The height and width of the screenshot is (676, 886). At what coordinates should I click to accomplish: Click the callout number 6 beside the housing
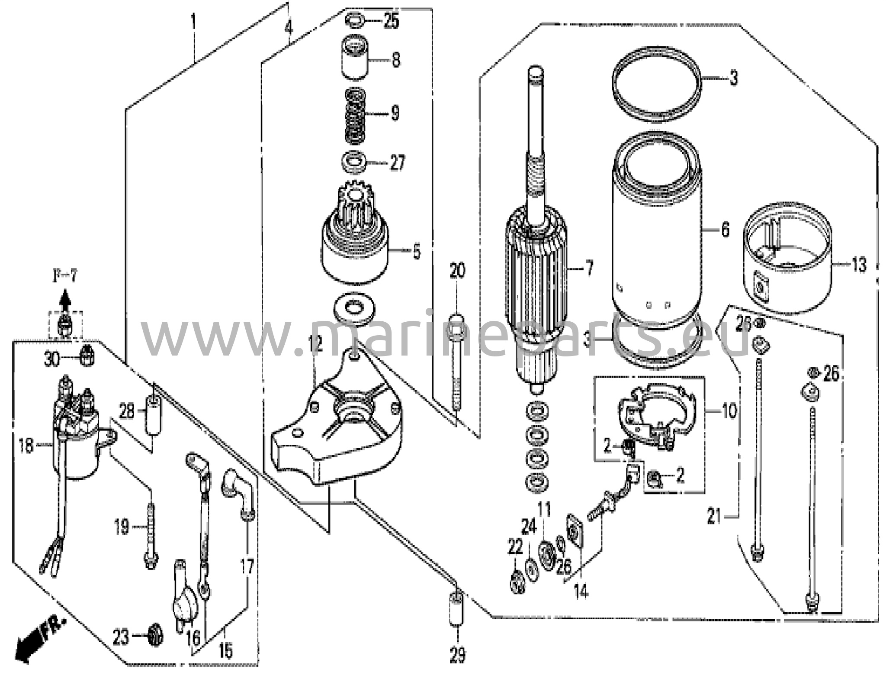point(725,230)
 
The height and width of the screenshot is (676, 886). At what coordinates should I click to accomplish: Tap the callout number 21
point(715,516)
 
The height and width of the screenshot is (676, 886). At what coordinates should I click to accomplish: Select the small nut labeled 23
point(152,637)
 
